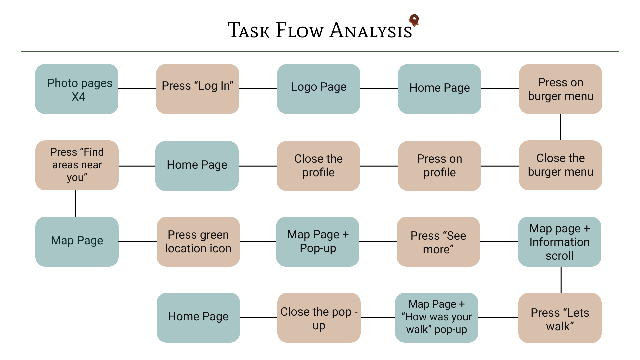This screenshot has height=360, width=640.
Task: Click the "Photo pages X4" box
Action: (77, 89)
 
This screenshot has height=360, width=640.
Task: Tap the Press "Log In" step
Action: (198, 89)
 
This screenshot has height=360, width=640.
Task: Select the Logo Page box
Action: (319, 89)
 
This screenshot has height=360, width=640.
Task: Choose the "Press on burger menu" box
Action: (561, 89)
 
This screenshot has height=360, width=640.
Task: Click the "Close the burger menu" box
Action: (561, 165)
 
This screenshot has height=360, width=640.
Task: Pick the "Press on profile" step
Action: (440, 166)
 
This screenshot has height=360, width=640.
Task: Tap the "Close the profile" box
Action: (318, 166)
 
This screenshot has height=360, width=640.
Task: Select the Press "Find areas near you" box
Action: (77, 165)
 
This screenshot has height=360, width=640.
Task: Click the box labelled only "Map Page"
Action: (77, 242)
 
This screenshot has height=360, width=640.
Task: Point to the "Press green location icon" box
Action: (198, 242)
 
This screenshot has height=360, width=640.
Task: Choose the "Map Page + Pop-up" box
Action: (318, 242)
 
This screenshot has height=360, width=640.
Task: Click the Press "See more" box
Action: (438, 242)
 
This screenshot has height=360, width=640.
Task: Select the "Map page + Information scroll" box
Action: (560, 242)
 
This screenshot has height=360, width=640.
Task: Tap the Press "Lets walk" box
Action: (560, 318)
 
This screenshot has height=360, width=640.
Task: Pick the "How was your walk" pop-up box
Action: (437, 318)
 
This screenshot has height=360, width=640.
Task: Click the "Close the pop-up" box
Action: (319, 318)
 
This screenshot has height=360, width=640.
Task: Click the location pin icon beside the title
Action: (414, 20)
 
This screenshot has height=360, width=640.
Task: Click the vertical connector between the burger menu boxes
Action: (561, 127)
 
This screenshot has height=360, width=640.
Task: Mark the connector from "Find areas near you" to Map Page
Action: (76, 204)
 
